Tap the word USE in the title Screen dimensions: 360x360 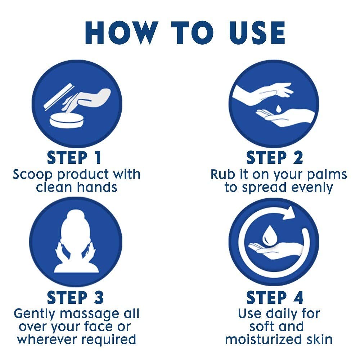257,33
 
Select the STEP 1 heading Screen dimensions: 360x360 74,158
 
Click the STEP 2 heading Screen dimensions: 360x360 275,158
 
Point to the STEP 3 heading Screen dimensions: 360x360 75,298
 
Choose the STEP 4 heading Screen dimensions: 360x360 275,298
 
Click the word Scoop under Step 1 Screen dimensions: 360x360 33,175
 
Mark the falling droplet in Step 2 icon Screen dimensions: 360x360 279,109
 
